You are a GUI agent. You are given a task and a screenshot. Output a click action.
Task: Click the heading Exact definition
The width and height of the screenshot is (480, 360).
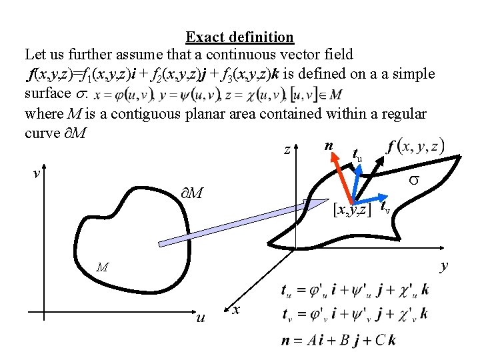click(239, 37)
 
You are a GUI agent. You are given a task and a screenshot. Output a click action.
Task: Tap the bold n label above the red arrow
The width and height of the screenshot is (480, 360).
click(328, 147)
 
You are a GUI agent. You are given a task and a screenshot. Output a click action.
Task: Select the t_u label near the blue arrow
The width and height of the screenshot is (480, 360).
click(357, 155)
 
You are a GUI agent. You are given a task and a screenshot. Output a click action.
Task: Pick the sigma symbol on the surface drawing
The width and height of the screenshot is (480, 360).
click(431, 181)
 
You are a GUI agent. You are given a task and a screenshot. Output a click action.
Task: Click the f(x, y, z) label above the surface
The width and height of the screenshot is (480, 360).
click(413, 147)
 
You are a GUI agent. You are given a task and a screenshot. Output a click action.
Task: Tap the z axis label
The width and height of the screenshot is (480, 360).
click(287, 151)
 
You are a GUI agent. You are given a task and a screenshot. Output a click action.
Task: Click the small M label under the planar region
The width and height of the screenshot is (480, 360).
click(101, 268)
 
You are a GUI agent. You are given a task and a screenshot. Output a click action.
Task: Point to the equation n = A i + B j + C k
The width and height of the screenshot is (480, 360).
click(339, 339)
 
